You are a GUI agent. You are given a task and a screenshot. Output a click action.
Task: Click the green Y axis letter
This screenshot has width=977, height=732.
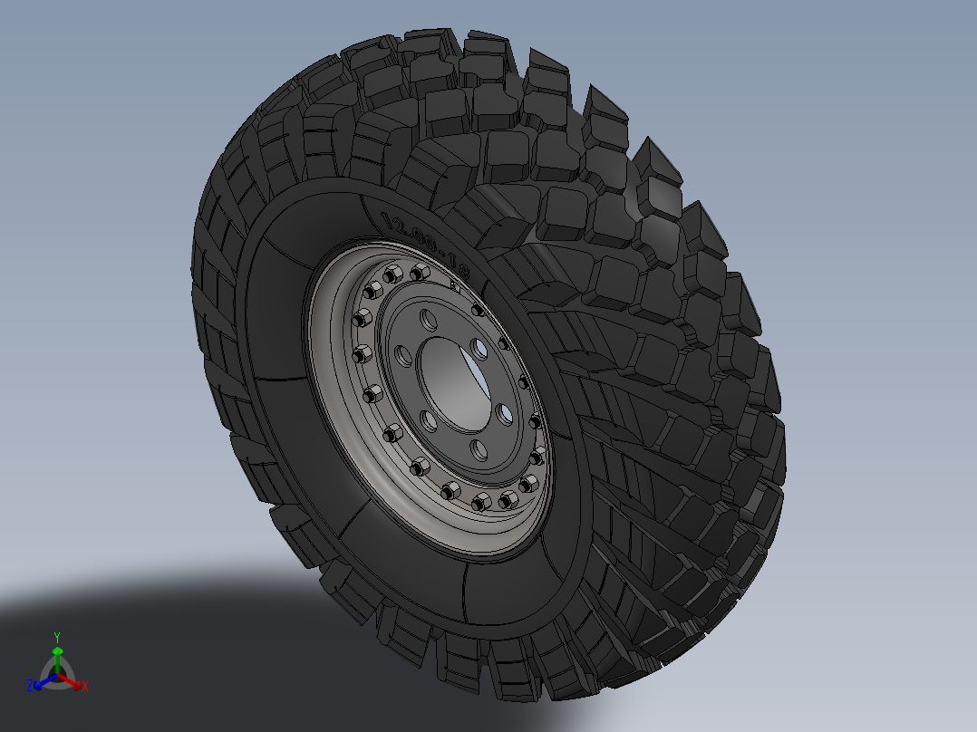coord(56,636)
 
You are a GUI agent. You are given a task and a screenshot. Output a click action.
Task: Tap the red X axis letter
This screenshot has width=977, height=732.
coord(84,687)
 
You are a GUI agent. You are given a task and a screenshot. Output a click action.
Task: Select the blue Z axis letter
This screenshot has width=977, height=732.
coord(30,686)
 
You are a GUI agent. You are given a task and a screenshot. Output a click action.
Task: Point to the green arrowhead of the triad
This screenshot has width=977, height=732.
coord(57,650)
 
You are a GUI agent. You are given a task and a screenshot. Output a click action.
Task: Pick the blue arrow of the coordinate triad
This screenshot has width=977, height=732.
coord(41,681)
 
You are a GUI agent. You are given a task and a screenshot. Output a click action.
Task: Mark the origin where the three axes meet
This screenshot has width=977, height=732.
coord(57,675)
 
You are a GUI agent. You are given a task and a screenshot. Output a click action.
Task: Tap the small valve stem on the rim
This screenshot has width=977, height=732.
coord(453,282)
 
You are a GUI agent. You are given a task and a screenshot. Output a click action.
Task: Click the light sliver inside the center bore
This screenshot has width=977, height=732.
coord(477,377)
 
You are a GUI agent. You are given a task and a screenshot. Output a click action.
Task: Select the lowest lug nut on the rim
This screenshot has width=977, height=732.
coord(480,502)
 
